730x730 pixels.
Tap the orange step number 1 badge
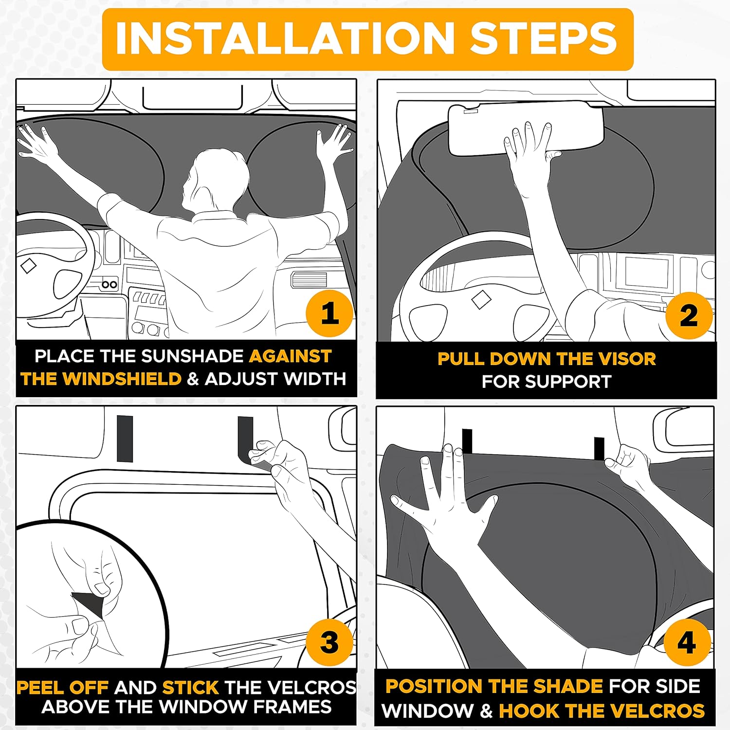[x=329, y=313]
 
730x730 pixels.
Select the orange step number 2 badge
[x=689, y=315]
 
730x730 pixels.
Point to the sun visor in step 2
[x=526, y=130]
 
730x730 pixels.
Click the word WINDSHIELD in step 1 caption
[x=122, y=379]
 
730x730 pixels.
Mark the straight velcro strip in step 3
[x=125, y=438]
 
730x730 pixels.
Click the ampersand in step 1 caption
[x=193, y=379]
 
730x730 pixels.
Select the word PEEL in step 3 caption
[x=39, y=687]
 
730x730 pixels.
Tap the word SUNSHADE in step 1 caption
[x=193, y=356]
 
